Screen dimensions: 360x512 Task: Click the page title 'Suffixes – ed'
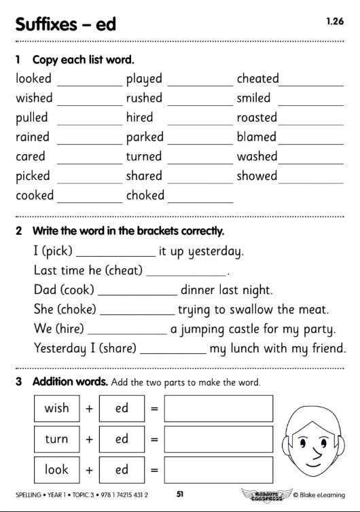pos(65,24)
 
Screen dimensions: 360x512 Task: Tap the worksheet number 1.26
pos(335,22)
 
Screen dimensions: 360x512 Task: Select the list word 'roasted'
pos(257,117)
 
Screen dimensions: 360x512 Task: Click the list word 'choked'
pos(145,196)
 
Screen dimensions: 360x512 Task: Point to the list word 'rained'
pos(33,137)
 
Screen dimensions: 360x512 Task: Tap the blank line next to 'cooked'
pos(90,202)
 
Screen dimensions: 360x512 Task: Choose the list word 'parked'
pos(145,137)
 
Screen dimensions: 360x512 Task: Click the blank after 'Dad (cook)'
pos(138,295)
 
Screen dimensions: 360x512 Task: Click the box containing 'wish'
pos(56,409)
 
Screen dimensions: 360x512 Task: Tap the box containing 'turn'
pos(56,439)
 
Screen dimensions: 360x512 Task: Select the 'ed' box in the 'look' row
pos(122,470)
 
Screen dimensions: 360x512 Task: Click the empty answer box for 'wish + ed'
pos(218,409)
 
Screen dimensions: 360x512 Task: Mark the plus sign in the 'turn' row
pos(89,439)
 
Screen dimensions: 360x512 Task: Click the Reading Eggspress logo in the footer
pos(265,494)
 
